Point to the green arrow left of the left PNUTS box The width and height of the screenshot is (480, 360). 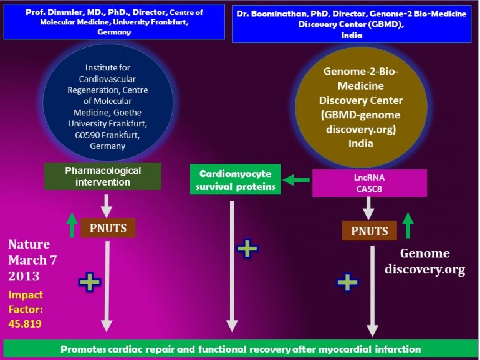pyautogui.click(x=72, y=225)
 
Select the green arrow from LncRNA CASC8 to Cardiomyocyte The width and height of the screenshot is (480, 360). pyautogui.click(x=297, y=181)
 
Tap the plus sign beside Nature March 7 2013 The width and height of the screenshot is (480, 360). pyautogui.click(x=90, y=282)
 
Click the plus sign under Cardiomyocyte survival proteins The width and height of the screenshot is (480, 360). pyautogui.click(x=247, y=249)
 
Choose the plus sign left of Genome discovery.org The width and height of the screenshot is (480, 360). pyautogui.click(x=348, y=282)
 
